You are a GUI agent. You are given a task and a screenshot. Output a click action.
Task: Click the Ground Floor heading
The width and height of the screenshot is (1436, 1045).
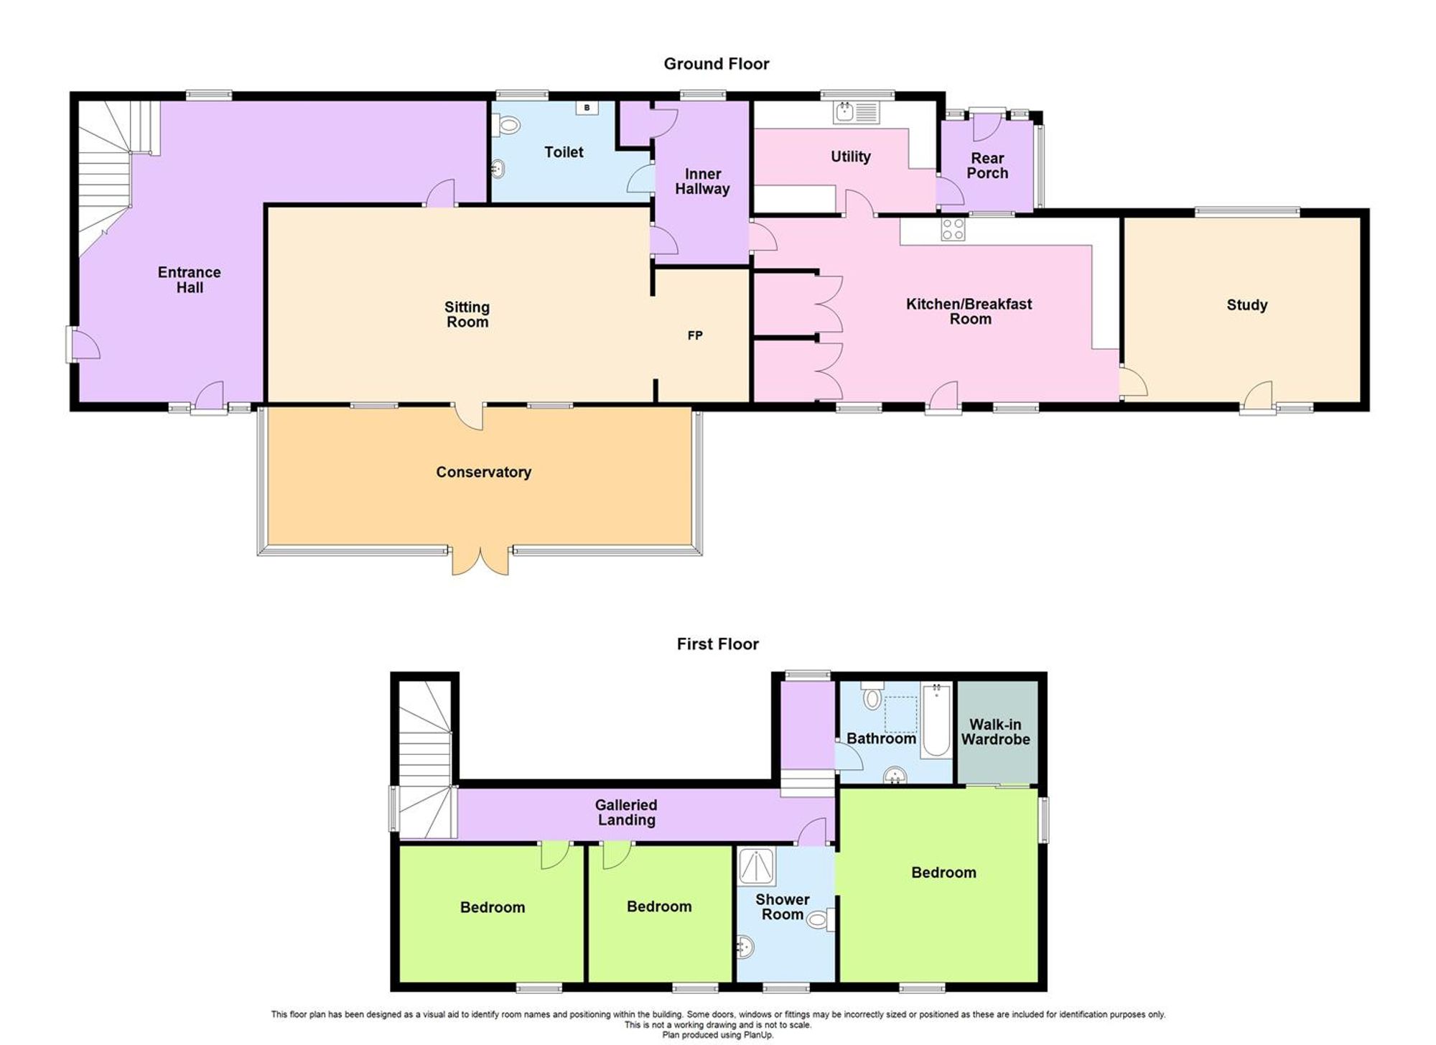716,64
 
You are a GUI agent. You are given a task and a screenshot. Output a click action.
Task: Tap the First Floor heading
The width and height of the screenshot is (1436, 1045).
717,644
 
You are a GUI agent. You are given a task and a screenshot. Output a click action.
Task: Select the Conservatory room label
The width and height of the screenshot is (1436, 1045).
483,472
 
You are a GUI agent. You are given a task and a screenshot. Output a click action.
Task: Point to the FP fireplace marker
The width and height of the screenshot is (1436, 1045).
694,335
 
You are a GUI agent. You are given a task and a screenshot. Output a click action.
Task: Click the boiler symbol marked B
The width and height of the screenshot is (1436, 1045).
587,108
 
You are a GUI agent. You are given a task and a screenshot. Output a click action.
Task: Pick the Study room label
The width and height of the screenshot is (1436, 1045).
1246,305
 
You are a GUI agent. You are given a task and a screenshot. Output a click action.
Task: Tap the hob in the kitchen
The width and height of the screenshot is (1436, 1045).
953,229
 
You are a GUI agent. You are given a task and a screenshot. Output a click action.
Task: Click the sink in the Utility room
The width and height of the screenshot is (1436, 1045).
856,113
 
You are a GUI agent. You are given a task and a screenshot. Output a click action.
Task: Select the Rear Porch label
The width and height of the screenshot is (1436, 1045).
987,165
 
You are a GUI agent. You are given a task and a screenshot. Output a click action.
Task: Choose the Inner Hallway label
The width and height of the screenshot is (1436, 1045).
702,182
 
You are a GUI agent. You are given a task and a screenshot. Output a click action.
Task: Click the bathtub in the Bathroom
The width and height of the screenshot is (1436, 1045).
936,720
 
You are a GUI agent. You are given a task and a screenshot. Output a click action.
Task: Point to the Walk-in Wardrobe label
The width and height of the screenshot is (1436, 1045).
995,732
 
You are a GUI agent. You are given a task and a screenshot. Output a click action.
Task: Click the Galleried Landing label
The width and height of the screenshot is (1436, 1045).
626,812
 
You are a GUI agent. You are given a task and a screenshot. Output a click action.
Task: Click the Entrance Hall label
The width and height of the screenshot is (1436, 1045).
190,279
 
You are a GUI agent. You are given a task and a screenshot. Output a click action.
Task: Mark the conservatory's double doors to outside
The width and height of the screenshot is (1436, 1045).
480,562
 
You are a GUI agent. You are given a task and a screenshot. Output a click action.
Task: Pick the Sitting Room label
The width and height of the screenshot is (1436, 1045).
467,315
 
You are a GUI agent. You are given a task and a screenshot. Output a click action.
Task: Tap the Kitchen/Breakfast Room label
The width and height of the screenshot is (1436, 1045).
969,311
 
